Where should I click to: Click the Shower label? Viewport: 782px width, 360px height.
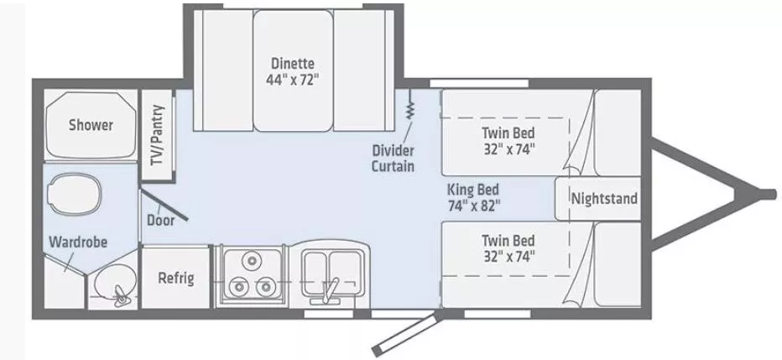coord(91,125)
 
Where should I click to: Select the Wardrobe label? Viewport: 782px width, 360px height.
coord(77,242)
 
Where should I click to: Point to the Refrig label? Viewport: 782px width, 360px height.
coord(176,278)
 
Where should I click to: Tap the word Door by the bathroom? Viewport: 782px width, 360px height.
coord(160,221)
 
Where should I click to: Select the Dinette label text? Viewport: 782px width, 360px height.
coord(292,63)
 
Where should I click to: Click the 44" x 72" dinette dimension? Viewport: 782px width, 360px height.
coord(292,80)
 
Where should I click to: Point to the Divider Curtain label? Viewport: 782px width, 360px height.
coord(393,158)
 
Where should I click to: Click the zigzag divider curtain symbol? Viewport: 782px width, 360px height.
coord(411,109)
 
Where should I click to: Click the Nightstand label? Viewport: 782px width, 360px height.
coord(603,199)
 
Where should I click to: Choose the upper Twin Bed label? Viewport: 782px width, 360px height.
coord(508,133)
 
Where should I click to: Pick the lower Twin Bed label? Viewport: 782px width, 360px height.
coord(508,240)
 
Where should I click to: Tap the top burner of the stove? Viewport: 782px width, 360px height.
coord(249,261)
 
